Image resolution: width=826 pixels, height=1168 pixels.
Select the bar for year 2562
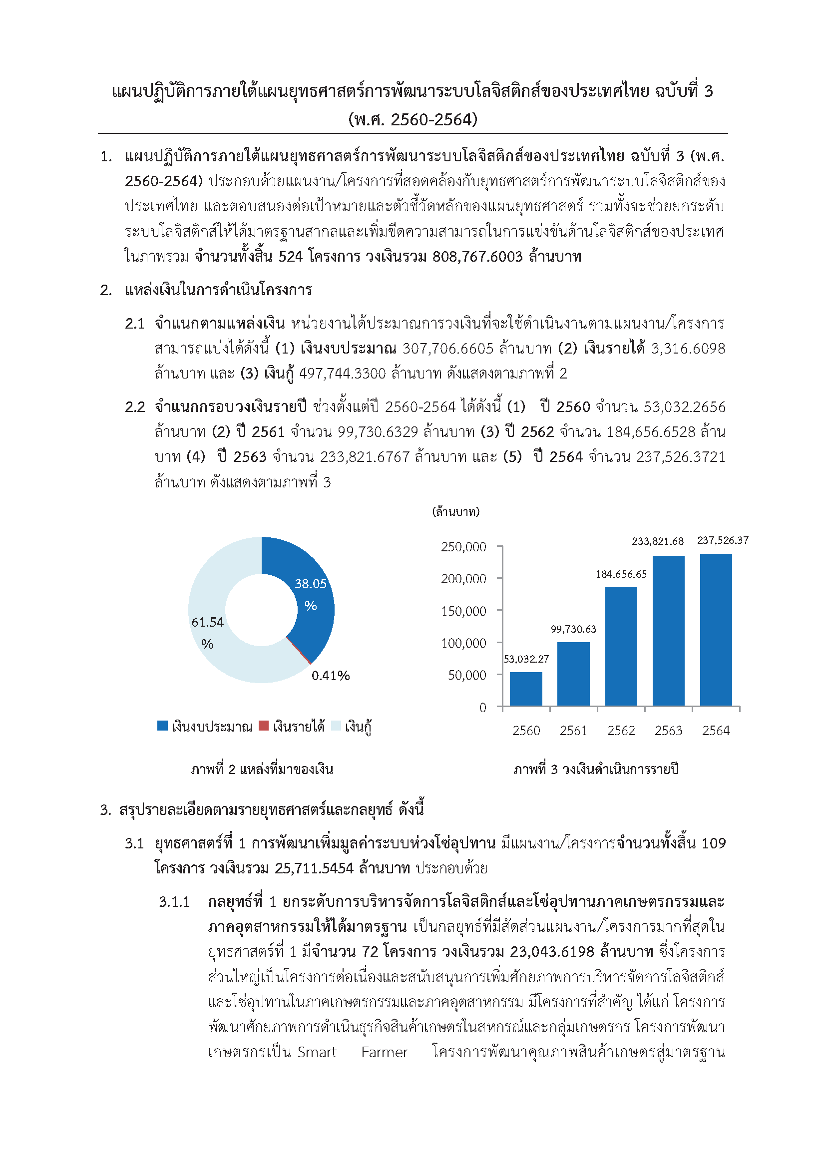point(621,646)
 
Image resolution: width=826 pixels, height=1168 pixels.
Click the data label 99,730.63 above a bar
point(573,629)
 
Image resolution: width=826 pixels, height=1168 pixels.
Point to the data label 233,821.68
point(657,541)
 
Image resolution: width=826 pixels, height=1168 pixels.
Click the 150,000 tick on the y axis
point(463,611)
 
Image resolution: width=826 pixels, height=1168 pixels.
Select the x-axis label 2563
point(668,731)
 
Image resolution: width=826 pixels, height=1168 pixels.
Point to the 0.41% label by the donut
point(331,676)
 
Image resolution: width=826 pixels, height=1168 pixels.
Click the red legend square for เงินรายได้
point(263,726)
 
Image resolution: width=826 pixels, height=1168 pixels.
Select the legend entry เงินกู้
point(358,727)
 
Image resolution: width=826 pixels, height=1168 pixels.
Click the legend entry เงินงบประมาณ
point(211,727)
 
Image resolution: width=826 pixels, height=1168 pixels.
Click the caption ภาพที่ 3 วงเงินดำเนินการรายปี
point(596,769)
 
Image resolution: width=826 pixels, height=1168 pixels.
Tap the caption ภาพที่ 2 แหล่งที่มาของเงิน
point(262,769)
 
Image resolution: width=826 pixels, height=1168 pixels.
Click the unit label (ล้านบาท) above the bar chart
point(456,512)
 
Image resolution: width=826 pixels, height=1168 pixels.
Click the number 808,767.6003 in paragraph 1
point(477,256)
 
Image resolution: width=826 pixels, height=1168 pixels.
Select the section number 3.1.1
point(174,902)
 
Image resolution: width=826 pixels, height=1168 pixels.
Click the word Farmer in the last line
point(384,1052)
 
